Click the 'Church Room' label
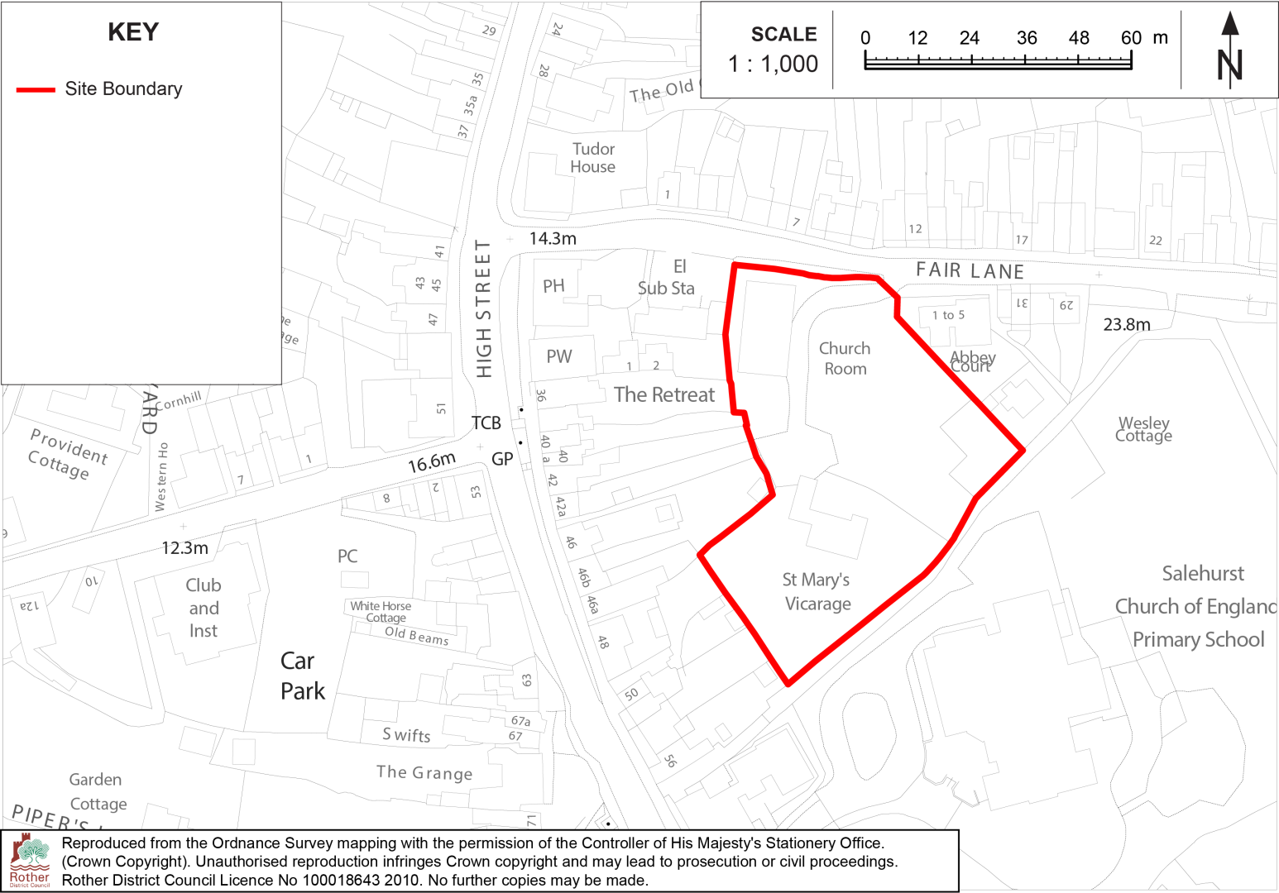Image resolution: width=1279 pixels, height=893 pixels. point(845,359)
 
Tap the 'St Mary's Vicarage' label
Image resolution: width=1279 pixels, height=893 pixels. point(817,592)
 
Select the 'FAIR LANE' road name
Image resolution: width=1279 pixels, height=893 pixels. point(970,271)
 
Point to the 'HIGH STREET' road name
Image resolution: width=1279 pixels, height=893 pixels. point(484,308)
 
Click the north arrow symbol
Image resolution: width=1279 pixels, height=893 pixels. point(1230,51)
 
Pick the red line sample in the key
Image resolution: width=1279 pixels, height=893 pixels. point(36,89)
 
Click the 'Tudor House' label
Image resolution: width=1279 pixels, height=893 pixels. point(593,158)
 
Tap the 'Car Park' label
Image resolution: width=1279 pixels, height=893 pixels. point(301,676)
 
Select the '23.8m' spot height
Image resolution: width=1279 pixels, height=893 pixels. point(1126,325)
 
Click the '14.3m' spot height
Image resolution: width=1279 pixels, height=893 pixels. point(553,239)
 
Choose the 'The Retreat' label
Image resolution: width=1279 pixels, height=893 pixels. point(663,395)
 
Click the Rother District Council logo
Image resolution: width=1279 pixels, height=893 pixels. point(30,861)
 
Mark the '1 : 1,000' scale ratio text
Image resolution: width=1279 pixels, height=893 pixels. point(773,64)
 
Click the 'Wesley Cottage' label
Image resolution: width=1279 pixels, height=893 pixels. point(1143,430)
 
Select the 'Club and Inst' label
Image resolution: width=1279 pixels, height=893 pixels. point(204,608)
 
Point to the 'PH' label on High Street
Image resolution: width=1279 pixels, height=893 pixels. point(553,286)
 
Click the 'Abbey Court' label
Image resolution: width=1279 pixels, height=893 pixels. point(972,361)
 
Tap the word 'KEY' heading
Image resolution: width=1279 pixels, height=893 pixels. point(133,32)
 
